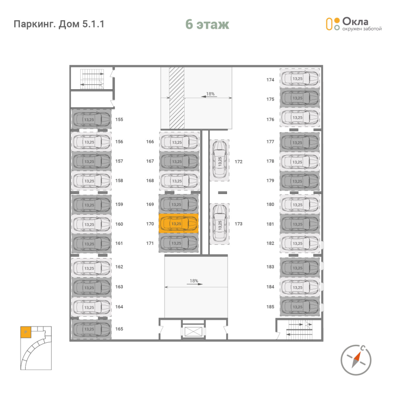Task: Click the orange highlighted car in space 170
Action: point(179,224)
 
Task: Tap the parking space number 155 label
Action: point(119,120)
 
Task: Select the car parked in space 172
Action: point(219,160)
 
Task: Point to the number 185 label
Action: point(270,307)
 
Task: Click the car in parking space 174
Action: point(299,78)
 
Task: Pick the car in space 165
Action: point(91,329)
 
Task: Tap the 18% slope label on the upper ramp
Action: point(210,94)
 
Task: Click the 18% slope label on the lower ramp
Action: point(194,281)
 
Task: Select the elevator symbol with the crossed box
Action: point(193,331)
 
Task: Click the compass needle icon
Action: point(356,360)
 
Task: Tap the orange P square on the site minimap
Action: point(26,332)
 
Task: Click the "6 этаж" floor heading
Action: point(207,24)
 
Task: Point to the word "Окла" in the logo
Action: point(355,22)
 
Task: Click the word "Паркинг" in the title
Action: point(34,24)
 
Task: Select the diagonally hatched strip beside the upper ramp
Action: point(177,98)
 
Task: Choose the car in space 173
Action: point(219,223)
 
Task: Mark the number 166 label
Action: point(150,142)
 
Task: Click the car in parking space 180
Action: point(299,204)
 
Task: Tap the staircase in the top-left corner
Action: point(92,79)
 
